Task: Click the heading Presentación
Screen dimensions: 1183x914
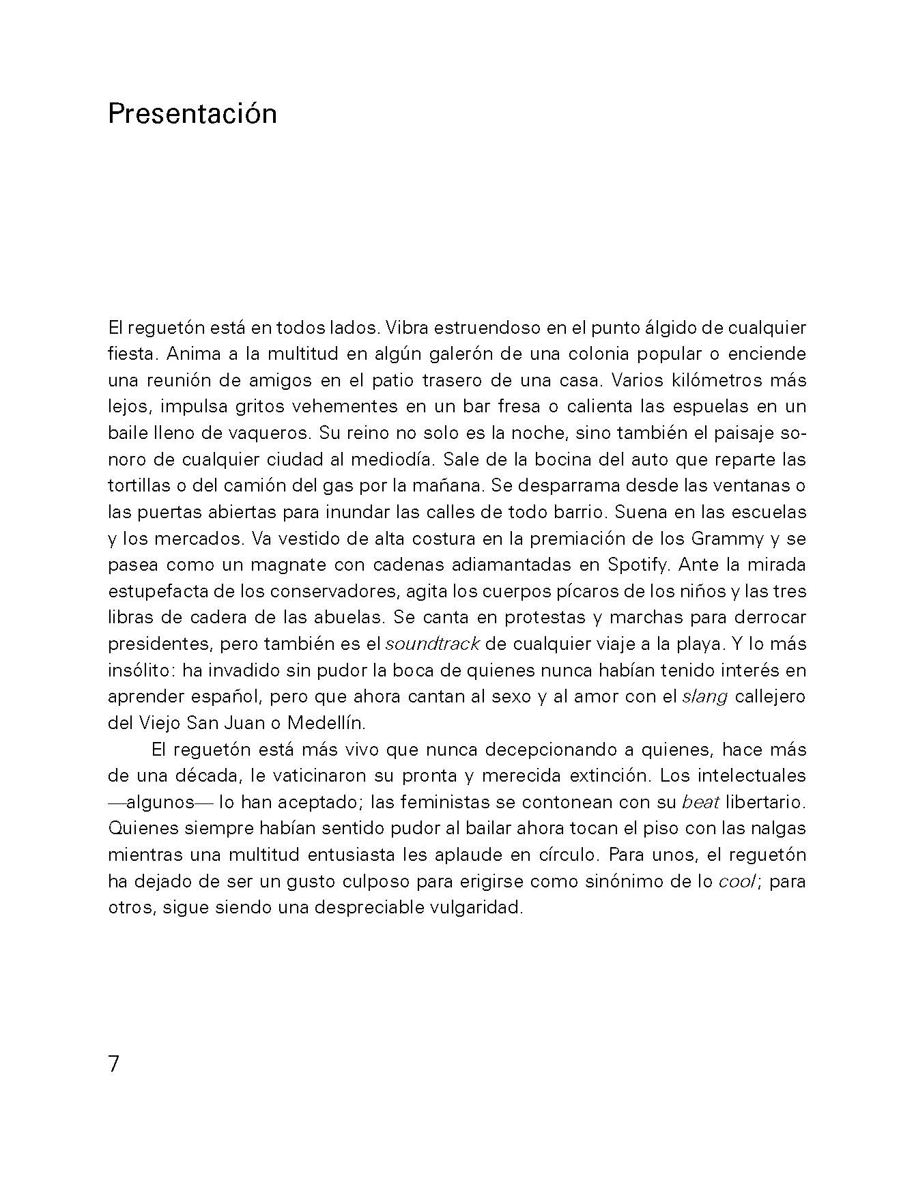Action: tap(192, 114)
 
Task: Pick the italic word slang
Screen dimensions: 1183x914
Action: tap(705, 696)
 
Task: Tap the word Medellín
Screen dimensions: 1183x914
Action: tap(326, 722)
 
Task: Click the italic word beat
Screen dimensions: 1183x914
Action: tap(701, 802)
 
